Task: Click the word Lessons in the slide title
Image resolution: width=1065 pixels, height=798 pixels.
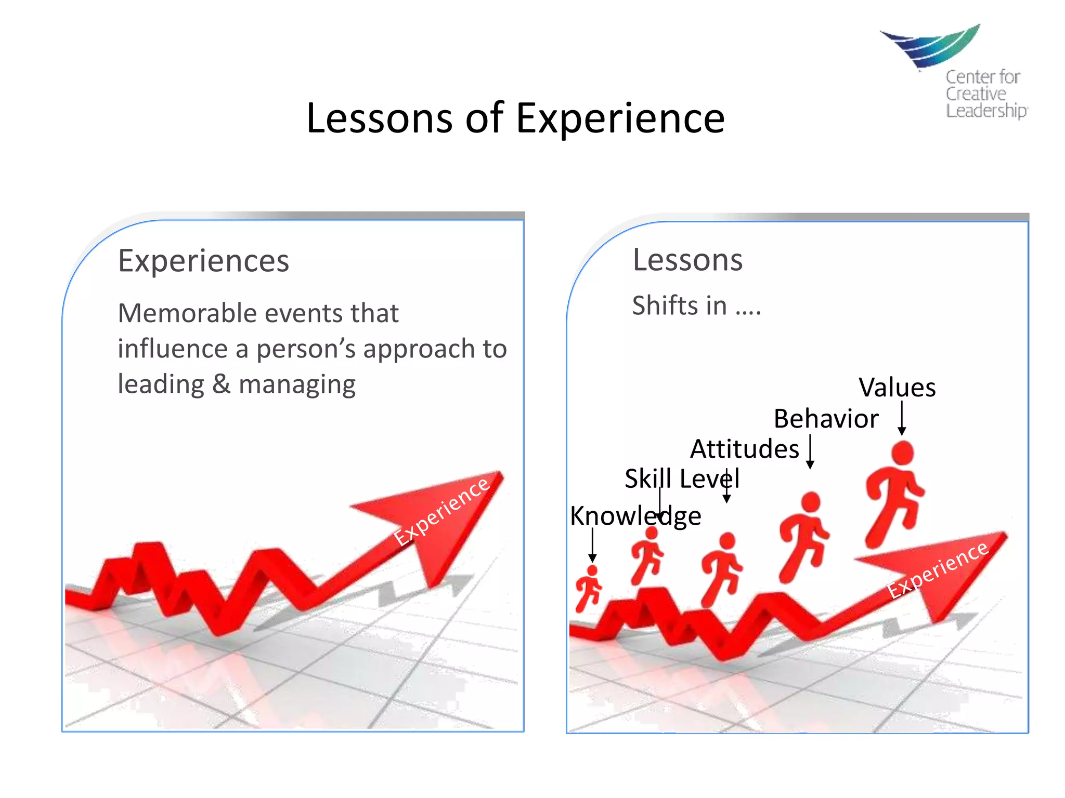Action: (x=379, y=118)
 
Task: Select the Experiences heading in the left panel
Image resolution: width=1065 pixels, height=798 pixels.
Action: (x=203, y=261)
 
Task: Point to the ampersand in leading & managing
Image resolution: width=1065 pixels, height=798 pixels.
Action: (x=221, y=384)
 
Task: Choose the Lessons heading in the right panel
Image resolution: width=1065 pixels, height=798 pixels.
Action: (x=687, y=260)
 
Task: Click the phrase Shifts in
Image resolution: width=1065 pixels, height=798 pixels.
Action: (x=679, y=305)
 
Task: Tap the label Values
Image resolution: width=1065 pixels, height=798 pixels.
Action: (x=897, y=388)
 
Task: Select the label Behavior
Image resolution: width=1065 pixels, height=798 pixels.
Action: (x=826, y=419)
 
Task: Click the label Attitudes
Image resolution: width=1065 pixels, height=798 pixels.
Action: (x=744, y=449)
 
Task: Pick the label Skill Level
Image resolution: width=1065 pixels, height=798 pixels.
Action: (x=682, y=478)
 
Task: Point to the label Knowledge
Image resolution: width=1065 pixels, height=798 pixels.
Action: (x=635, y=516)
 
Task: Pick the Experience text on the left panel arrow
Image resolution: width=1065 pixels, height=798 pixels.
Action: (x=441, y=511)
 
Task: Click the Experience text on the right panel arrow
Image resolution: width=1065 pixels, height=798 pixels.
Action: (x=937, y=569)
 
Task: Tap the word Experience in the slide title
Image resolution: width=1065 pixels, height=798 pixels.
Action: (x=620, y=118)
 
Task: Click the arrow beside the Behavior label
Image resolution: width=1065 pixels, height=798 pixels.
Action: (x=810, y=451)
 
